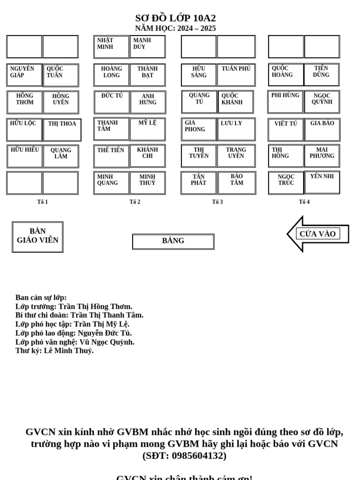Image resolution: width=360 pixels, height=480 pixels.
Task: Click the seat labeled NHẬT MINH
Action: [111, 47]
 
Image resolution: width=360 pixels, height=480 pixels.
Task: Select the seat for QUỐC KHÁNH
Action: [236, 102]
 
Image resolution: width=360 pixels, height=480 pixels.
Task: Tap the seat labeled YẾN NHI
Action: [322, 182]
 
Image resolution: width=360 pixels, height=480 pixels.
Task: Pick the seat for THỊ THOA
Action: [62, 130]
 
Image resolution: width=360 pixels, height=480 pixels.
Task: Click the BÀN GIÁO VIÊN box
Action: [37, 237]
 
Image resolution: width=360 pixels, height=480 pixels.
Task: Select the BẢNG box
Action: [173, 241]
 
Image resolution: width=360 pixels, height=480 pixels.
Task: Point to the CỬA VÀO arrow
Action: [318, 234]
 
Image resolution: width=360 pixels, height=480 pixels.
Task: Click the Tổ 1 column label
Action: [43, 202]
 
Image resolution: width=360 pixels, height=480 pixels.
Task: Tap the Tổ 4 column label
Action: [304, 202]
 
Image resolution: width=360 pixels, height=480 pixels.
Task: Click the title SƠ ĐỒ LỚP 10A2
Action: [175, 18]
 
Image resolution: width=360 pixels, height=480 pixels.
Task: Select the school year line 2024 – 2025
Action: [175, 29]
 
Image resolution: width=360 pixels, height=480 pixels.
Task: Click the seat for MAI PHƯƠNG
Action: [322, 156]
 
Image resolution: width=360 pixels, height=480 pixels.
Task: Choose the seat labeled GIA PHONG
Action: [199, 129]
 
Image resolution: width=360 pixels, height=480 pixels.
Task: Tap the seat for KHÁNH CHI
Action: [148, 156]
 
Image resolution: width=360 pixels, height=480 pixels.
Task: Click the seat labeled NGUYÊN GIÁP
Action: [24, 75]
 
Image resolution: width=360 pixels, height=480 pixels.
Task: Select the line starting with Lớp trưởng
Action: [74, 307]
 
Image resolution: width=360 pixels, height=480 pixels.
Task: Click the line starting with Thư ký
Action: [54, 351]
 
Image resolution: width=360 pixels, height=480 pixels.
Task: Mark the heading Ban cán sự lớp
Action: [41, 298]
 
